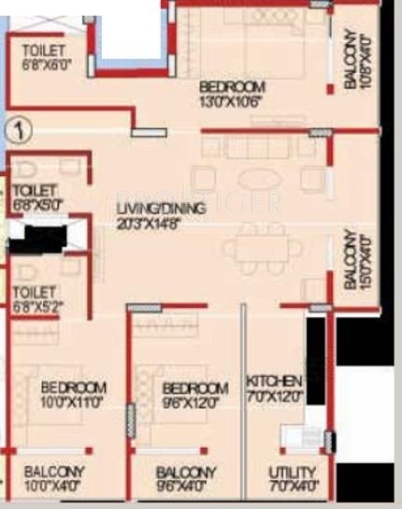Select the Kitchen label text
[274, 381]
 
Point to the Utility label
[292, 473]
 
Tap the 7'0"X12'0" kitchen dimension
[274, 396]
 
